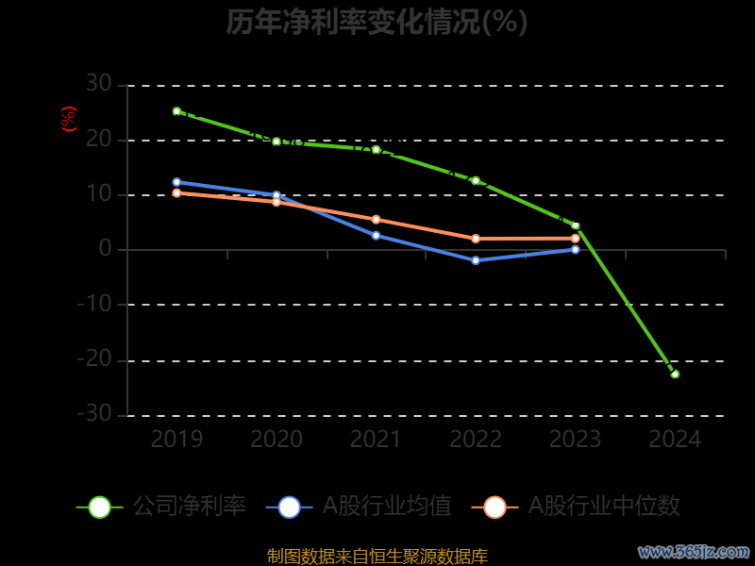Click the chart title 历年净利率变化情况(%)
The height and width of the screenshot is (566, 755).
click(x=377, y=22)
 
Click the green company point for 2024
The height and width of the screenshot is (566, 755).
click(x=675, y=375)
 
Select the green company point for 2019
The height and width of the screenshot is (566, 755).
click(x=176, y=111)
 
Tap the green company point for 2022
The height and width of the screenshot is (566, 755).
click(x=476, y=180)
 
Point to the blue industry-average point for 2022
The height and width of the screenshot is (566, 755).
click(x=476, y=260)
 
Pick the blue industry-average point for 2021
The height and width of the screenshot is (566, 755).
click(x=376, y=235)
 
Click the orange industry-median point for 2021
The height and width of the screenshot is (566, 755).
click(x=376, y=220)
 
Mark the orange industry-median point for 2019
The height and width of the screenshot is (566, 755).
click(x=176, y=193)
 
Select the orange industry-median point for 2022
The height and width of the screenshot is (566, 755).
click(x=476, y=239)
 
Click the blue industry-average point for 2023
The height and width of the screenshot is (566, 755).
click(x=576, y=249)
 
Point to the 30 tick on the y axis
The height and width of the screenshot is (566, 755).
click(x=98, y=85)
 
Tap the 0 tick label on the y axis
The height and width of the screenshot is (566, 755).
click(x=105, y=250)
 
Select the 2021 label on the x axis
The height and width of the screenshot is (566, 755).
click(x=376, y=440)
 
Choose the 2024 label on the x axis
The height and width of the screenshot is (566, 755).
click(x=675, y=440)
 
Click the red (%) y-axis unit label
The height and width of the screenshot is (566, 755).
click(x=68, y=120)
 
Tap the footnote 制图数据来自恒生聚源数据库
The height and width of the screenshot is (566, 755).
click(x=377, y=556)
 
